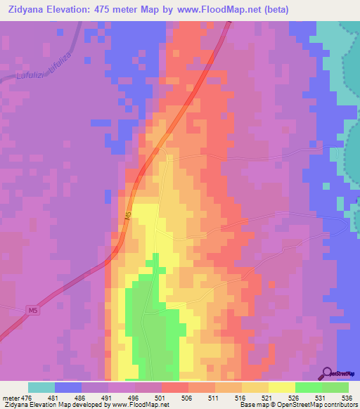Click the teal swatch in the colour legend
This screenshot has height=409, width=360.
(41, 387)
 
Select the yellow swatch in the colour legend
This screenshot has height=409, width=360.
(281, 387)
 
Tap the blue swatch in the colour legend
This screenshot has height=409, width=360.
(68, 387)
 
